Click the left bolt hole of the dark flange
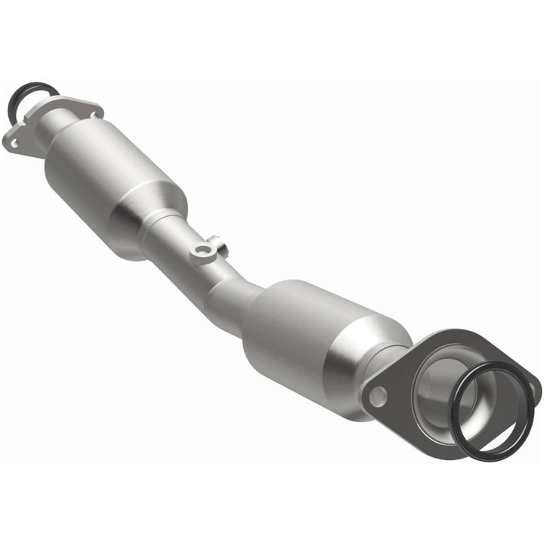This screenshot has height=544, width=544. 378,395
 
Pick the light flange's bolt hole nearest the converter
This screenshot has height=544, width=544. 93,113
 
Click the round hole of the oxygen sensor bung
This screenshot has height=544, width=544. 200,249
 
